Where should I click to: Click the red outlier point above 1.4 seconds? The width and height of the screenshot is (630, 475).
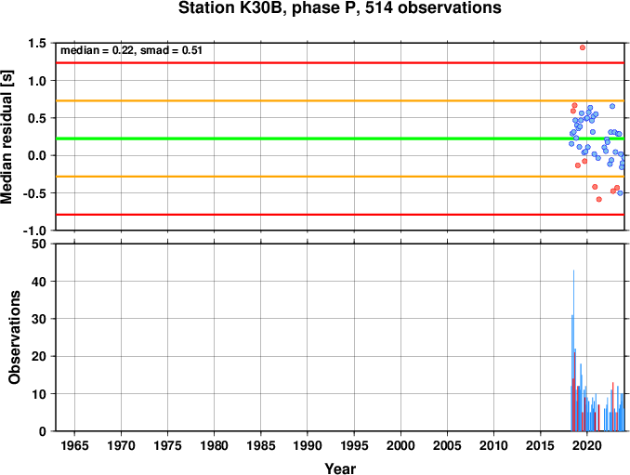[583, 47]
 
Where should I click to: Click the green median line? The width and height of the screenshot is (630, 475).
[340, 139]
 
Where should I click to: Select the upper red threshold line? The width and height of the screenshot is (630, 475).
[340, 62]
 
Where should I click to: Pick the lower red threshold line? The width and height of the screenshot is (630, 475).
[340, 215]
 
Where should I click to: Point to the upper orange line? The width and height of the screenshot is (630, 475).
[340, 100]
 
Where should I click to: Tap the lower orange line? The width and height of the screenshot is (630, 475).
[340, 177]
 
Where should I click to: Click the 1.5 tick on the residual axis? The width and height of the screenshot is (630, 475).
[37, 43]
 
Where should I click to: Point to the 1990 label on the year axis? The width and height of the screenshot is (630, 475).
[308, 445]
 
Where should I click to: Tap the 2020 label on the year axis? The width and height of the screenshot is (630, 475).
[587, 445]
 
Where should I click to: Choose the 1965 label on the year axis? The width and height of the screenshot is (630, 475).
[74, 445]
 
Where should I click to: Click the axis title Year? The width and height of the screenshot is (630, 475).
[340, 468]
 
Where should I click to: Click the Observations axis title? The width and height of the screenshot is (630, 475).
[15, 337]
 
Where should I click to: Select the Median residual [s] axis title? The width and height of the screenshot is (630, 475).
[7, 137]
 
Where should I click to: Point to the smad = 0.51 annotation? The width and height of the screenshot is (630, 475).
[171, 50]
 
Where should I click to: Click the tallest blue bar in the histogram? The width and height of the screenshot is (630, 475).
[573, 350]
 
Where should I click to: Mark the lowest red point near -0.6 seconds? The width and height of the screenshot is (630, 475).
[599, 199]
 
